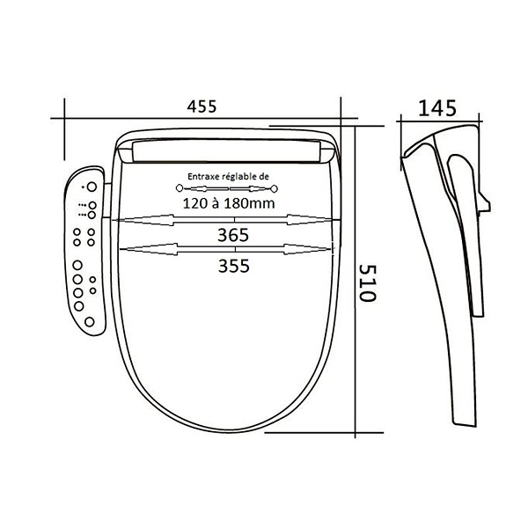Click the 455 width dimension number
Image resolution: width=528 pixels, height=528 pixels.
[202, 106]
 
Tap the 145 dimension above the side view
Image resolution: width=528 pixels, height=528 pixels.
[437, 108]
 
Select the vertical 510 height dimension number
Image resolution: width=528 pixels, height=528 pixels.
[366, 282]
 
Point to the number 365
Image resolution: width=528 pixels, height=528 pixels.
[233, 235]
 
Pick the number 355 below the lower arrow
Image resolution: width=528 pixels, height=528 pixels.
[234, 266]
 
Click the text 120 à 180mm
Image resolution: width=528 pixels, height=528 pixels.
[229, 203]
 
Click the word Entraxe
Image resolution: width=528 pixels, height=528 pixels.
[202, 176]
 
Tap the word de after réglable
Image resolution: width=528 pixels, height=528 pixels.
[265, 176]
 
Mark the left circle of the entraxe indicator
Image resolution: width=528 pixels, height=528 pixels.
[180, 188]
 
